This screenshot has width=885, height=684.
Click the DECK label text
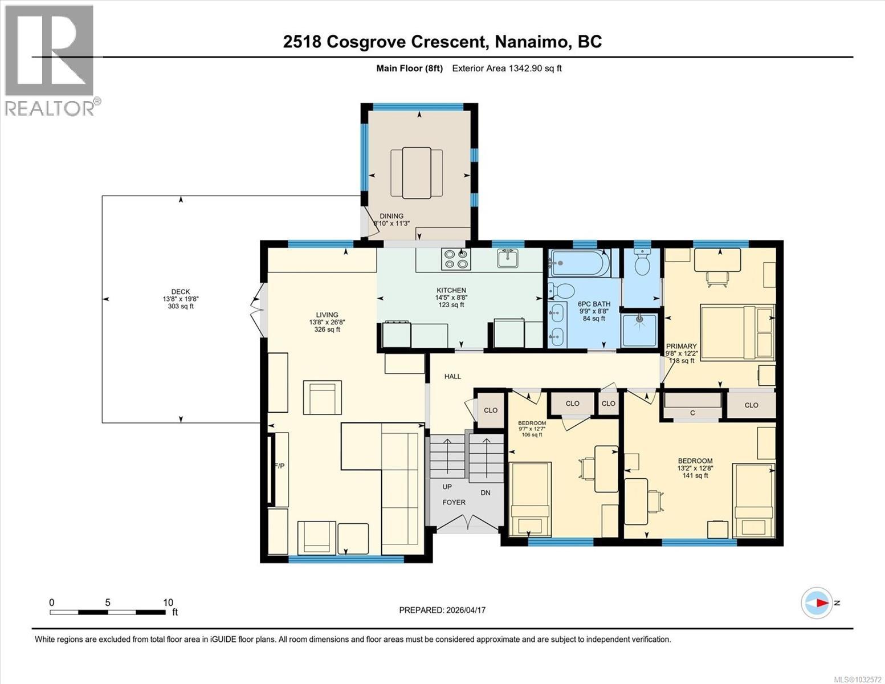(x=181, y=291)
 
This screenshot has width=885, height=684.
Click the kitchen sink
(x=507, y=258)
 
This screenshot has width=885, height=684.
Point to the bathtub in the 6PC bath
(x=578, y=263)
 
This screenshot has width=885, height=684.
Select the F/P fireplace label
(x=279, y=466)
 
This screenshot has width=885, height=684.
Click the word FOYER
(x=454, y=502)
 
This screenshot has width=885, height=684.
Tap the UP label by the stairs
(x=447, y=487)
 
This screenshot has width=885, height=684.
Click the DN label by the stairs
(x=485, y=492)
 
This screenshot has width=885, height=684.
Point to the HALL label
(x=452, y=376)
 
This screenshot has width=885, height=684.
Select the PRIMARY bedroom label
(x=681, y=346)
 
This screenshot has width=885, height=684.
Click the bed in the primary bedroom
(x=736, y=332)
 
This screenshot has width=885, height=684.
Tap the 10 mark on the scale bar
(x=168, y=602)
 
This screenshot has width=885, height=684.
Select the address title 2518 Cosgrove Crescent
(x=385, y=42)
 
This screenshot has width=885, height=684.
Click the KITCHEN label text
(x=451, y=290)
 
